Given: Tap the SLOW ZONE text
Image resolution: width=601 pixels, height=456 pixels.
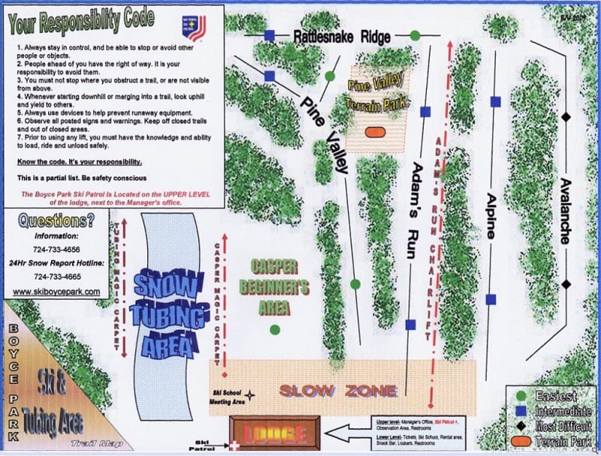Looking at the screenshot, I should point(338,390).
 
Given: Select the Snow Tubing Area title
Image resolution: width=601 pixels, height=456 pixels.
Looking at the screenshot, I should point(167,307).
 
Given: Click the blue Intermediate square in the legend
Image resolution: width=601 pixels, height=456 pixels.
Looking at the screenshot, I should point(520,410).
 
